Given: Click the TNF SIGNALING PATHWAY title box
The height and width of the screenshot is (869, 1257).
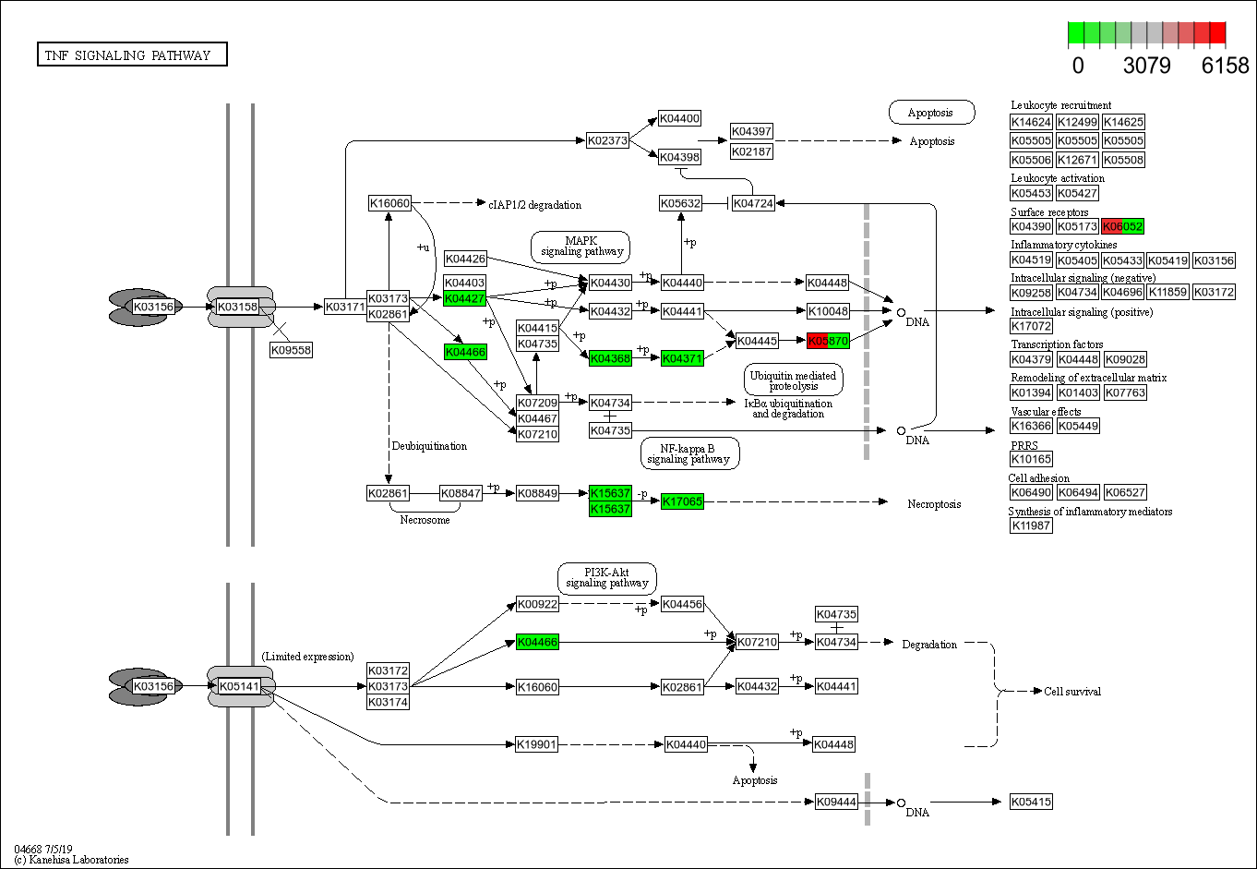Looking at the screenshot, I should tap(131, 55).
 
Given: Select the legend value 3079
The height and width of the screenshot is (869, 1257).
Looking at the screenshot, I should tap(1146, 66).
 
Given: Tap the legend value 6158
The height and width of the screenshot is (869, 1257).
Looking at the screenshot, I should tap(1225, 66).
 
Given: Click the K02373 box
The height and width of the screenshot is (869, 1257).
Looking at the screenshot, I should tap(607, 140).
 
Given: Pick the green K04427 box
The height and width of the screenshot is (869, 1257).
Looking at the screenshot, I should tap(464, 298).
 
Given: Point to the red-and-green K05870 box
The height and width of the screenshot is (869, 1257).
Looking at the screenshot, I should tap(828, 341).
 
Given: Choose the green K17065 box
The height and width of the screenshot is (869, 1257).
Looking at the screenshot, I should tap(682, 501).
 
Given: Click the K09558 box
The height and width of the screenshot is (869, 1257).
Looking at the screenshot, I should tap(291, 350).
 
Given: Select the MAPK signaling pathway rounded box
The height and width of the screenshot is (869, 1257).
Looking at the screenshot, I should tap(581, 247).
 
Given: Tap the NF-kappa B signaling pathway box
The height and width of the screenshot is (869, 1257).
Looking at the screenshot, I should tap(688, 453).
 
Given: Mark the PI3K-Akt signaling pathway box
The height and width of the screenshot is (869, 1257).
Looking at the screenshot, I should tap(606, 578).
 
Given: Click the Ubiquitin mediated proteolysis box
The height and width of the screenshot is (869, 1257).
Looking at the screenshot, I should tap(793, 380).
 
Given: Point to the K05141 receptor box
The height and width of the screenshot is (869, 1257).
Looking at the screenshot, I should tap(239, 686).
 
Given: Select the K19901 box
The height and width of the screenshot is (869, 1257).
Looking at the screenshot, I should tap(536, 744).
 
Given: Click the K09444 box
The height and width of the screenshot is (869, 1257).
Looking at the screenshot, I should tap(836, 802).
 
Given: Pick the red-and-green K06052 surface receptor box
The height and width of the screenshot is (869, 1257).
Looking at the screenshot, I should tap(1122, 226).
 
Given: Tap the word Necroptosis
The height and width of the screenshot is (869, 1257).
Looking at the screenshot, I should tap(934, 504).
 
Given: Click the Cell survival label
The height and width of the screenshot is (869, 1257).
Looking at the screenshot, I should tap(1072, 691).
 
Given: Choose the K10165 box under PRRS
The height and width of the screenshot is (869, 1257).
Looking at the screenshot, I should tap(1031, 459).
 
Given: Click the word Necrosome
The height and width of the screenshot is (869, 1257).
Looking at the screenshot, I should tap(425, 520).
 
